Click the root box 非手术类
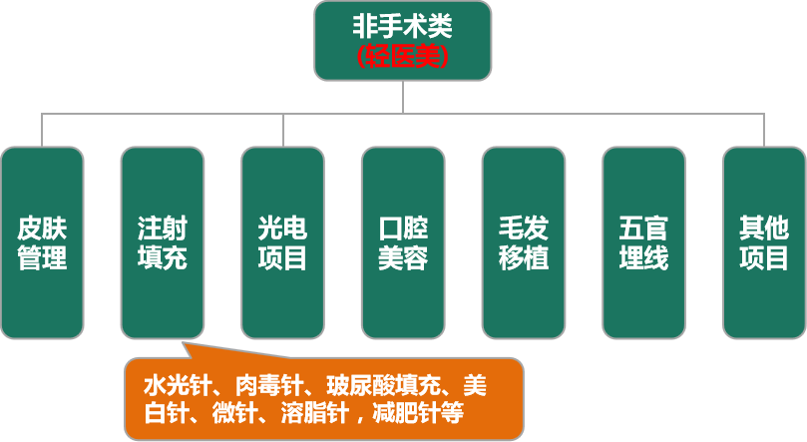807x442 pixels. point(402,40)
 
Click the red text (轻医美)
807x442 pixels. point(402,58)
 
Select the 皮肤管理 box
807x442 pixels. point(42,242)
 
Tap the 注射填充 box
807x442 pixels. point(162,242)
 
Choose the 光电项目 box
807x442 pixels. point(282,242)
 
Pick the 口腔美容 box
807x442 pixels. point(402,242)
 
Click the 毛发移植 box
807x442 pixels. point(523,242)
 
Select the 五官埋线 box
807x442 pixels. point(643,242)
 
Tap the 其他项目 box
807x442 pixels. point(763,242)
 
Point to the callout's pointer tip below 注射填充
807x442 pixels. point(187,345)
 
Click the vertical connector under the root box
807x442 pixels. point(402,97)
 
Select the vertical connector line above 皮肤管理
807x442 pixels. point(42,130)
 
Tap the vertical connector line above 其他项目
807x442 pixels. point(764,130)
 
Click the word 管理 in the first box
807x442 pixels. point(42,258)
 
